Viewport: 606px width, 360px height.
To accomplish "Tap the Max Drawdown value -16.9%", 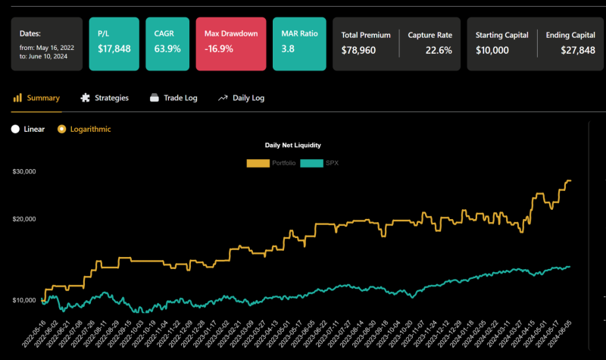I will coord(219,49).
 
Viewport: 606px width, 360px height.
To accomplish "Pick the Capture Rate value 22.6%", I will coord(438,50).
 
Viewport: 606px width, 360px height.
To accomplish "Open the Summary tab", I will coord(37,98).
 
